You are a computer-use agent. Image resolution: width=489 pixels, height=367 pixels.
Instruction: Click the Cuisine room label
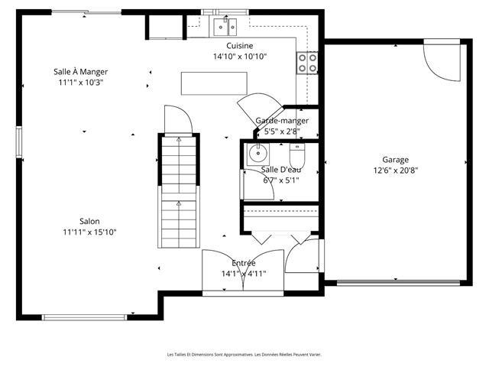click(x=239, y=46)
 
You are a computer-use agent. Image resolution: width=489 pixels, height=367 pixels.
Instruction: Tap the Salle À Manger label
click(x=80, y=72)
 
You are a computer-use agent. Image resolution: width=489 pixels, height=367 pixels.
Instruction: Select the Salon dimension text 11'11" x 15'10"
click(x=89, y=232)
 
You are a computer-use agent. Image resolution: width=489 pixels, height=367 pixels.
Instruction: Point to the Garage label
click(x=396, y=160)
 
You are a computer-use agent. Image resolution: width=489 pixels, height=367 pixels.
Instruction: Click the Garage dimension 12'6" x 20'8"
click(x=396, y=171)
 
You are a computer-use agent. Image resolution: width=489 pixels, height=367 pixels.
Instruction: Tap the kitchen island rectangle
click(x=214, y=83)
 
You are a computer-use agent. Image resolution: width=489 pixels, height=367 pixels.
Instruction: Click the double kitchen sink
click(x=225, y=28)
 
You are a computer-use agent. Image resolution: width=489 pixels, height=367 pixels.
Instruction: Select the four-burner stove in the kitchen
click(x=307, y=63)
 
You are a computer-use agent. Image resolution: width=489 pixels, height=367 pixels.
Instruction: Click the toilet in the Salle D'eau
click(x=297, y=155)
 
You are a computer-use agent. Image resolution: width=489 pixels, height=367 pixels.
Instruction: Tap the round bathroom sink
click(x=258, y=154)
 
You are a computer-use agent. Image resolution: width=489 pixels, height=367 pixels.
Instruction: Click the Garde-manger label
click(x=282, y=121)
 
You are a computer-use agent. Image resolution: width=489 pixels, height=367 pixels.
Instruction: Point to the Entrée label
click(x=244, y=263)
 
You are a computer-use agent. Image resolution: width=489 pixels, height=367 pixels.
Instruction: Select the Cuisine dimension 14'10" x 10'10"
click(x=239, y=57)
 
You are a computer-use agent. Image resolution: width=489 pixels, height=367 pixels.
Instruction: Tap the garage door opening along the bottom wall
click(x=399, y=283)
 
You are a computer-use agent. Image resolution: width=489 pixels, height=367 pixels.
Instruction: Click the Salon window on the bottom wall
click(x=85, y=317)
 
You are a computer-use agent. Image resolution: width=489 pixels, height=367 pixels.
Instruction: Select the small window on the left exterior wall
click(x=19, y=142)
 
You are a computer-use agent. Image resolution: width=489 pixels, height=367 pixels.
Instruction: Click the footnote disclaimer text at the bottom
click(x=244, y=355)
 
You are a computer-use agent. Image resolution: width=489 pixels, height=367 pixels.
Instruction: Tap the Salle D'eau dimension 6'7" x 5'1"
click(x=281, y=180)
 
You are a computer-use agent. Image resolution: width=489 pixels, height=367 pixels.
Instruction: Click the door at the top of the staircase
click(x=178, y=120)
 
